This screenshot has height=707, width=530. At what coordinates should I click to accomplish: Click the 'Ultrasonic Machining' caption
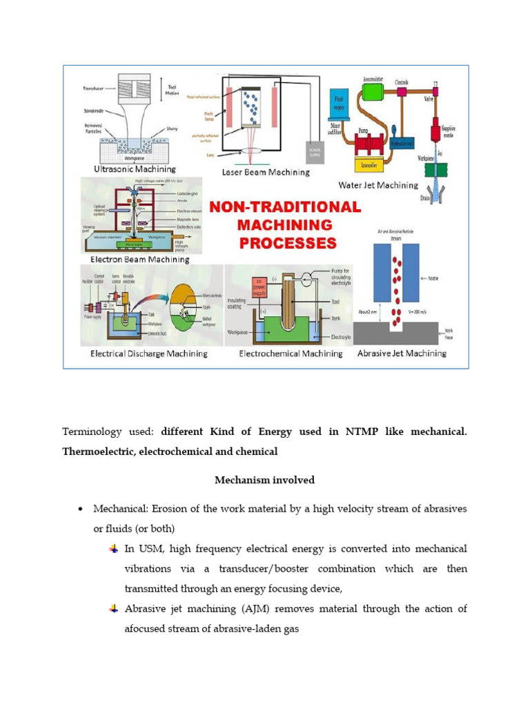click(135, 169)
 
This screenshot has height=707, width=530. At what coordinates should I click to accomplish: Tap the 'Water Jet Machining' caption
click(377, 185)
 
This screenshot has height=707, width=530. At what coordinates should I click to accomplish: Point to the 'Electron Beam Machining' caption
click(139, 260)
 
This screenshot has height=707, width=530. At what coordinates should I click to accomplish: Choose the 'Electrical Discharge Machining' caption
click(148, 353)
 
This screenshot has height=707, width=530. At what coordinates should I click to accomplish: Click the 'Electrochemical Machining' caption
click(291, 353)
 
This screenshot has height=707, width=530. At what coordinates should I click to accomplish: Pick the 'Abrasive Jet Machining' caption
click(402, 353)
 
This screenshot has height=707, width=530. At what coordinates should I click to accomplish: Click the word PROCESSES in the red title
click(288, 243)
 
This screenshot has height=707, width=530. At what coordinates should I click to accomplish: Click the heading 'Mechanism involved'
click(264, 480)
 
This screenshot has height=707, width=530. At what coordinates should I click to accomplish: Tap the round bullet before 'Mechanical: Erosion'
click(80, 510)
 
